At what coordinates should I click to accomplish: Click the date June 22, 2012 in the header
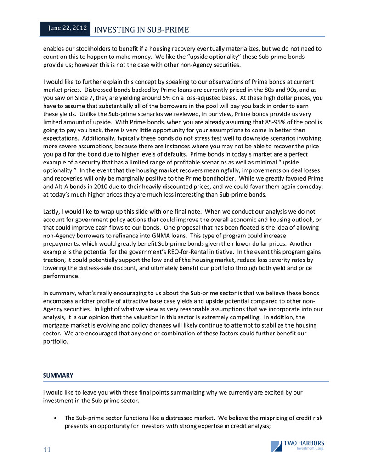click(x=68, y=28)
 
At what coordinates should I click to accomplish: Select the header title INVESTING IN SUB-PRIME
click(x=141, y=30)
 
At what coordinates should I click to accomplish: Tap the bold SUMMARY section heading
click(x=58, y=375)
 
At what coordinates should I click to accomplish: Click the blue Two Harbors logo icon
click(x=277, y=446)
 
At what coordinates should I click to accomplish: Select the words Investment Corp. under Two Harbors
click(x=310, y=449)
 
